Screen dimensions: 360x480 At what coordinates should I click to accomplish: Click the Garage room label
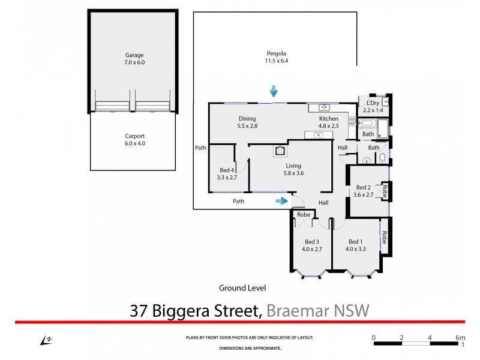click(134, 55)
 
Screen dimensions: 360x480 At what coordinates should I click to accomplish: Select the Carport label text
click(134, 136)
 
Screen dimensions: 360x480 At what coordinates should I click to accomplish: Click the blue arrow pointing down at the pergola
click(274, 91)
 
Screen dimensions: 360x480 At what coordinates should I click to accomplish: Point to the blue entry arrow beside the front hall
click(281, 201)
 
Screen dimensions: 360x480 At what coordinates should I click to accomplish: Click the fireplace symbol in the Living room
click(278, 151)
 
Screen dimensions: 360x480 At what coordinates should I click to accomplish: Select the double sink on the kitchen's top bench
click(322, 108)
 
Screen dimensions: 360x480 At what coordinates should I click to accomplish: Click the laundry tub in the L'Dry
click(385, 103)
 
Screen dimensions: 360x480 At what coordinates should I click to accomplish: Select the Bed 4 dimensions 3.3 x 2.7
click(227, 178)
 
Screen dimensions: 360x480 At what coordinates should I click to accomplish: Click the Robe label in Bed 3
click(304, 214)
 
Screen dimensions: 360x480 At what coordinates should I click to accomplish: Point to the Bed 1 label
click(356, 241)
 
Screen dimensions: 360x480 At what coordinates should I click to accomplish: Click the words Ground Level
click(242, 288)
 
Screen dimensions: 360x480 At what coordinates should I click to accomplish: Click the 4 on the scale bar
click(430, 337)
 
